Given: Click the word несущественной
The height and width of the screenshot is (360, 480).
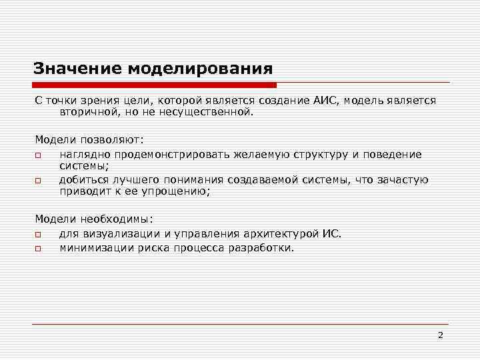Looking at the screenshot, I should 212,113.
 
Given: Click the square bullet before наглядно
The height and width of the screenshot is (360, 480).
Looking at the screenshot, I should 39,155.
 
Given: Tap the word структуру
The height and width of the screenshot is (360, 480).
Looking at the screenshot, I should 317,155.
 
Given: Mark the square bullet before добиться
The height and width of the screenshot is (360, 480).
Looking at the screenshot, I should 39,181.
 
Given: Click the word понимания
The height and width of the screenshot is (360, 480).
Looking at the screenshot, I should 193,180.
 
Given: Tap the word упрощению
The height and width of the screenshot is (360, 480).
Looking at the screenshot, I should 177,192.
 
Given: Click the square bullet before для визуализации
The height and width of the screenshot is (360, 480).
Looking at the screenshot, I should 39,235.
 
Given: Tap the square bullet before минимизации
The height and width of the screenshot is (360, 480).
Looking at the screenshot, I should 39,248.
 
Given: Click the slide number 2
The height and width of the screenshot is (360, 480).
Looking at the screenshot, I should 440,335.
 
